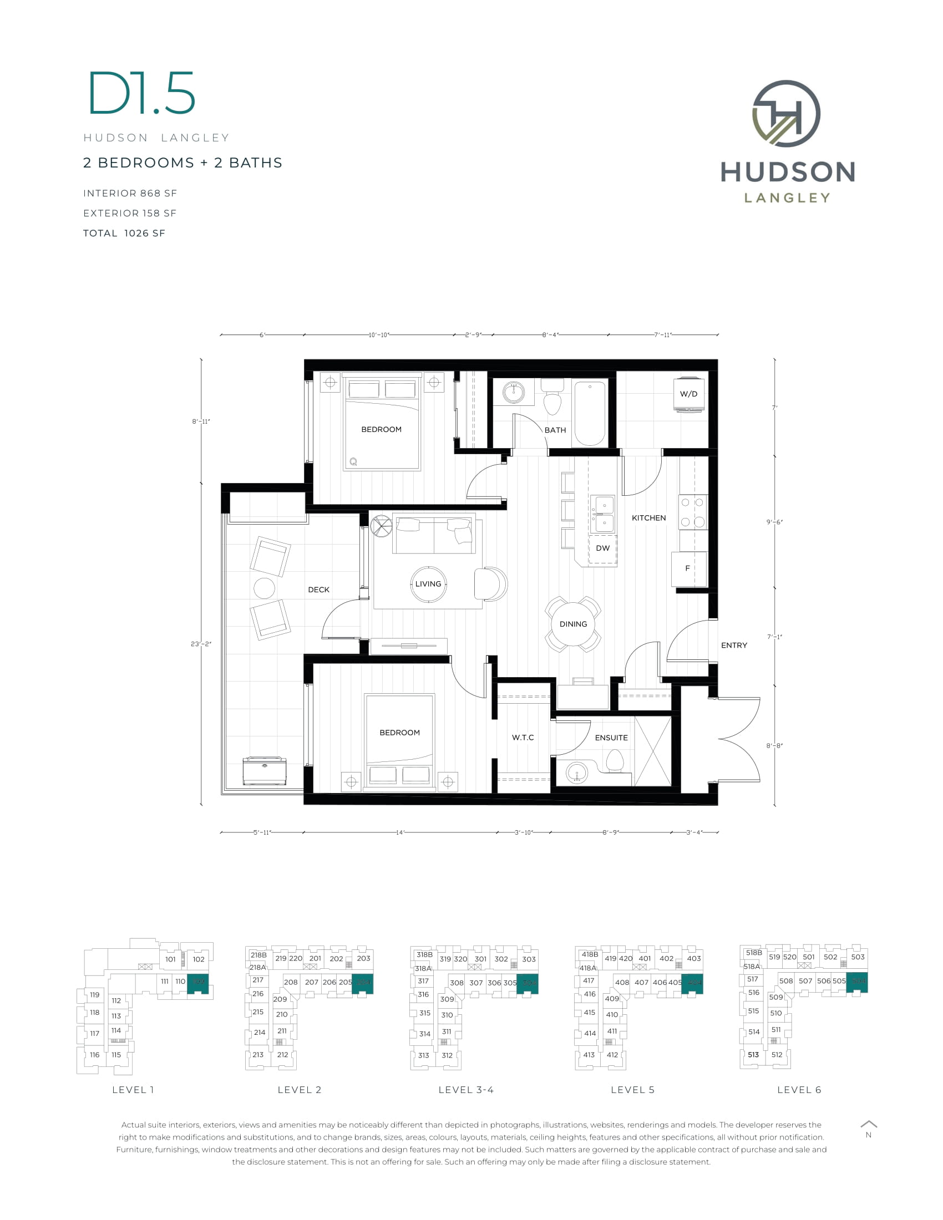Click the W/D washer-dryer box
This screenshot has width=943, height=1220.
pos(688,394)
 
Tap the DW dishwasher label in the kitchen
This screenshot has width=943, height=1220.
pos(602,548)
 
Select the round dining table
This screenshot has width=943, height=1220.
pos(573,624)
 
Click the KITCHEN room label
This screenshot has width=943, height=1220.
pos(648,518)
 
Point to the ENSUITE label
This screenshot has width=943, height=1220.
pos(611,738)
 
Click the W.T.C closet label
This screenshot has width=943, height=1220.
pos(523,738)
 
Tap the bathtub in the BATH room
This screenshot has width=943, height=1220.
pos(589,413)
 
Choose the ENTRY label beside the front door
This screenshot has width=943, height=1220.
pos(733,645)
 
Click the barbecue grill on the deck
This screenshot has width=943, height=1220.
pos(264,771)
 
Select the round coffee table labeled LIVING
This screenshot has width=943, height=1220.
pos(428,584)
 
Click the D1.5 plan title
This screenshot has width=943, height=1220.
pos(142,93)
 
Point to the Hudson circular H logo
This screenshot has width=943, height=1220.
pos(786,113)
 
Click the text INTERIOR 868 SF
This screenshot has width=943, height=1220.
pos(130,194)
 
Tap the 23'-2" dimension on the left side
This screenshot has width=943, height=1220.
pos(201,644)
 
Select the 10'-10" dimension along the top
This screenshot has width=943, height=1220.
pos(379,334)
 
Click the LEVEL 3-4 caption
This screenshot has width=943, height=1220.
pos(466,1090)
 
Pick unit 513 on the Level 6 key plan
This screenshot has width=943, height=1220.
pos(753,1055)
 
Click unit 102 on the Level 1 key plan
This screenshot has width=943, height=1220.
pos(199,959)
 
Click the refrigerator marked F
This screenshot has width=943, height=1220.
pos(689,568)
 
